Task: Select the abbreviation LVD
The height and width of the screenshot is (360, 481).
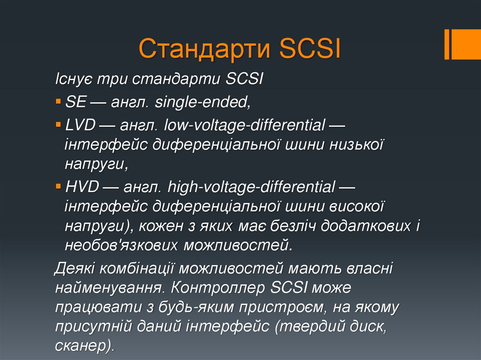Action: tap(81, 125)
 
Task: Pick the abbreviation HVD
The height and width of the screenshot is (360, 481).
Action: tap(82, 187)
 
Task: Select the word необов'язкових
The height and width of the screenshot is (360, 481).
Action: tap(122, 245)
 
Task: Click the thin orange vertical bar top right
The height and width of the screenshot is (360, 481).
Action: tap(447, 44)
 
